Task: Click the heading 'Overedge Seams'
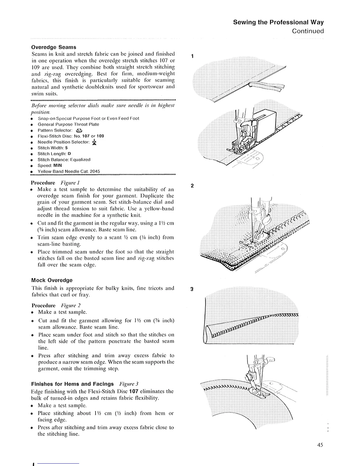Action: point(54,47)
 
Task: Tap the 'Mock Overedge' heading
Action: point(52,280)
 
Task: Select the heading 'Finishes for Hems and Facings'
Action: point(72,384)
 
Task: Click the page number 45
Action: point(320,445)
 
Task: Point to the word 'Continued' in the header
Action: point(308,31)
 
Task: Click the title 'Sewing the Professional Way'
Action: point(278,22)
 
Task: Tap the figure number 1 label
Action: point(192,56)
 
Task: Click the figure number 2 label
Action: point(192,186)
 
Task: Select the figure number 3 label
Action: point(192,289)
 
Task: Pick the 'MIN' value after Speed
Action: point(58,165)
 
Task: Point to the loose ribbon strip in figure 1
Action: point(266,86)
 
